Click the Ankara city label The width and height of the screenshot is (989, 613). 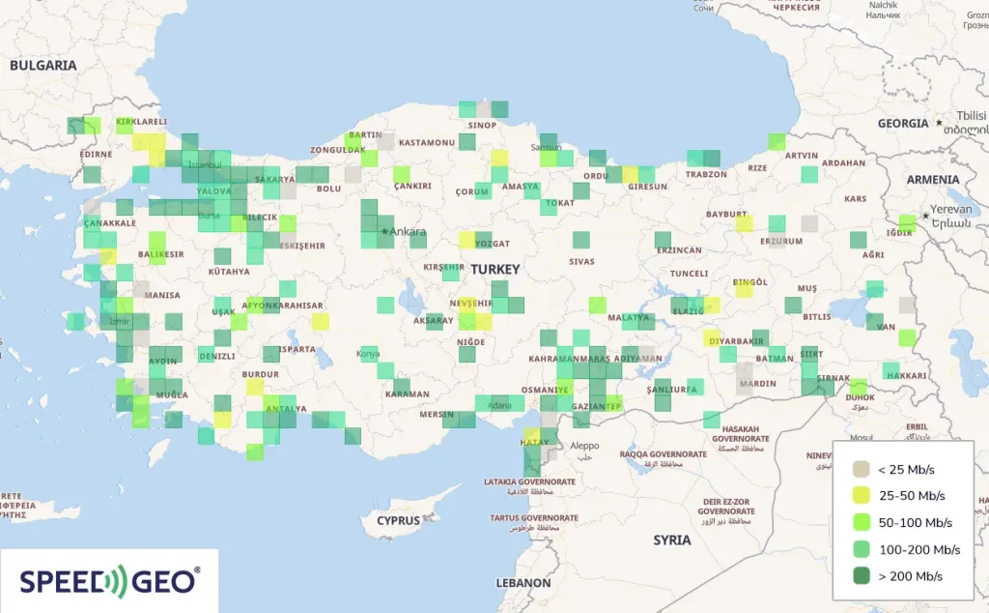click(409, 232)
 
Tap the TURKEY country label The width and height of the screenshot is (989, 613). click(496, 270)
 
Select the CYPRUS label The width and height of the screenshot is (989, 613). click(399, 520)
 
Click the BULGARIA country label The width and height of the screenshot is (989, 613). click(42, 66)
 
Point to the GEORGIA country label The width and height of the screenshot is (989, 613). click(903, 124)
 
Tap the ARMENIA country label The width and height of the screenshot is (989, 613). click(932, 180)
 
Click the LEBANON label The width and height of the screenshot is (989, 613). click(523, 584)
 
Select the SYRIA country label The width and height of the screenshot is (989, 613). click(671, 540)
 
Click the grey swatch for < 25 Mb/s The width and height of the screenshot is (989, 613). click(860, 470)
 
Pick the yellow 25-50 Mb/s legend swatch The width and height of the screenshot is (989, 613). click(860, 496)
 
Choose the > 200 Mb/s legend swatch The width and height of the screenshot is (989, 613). click(860, 576)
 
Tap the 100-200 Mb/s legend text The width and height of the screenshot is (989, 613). click(918, 550)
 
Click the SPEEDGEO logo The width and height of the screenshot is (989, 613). click(109, 580)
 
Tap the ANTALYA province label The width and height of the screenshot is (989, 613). click(286, 408)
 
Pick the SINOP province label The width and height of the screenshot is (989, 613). click(482, 125)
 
